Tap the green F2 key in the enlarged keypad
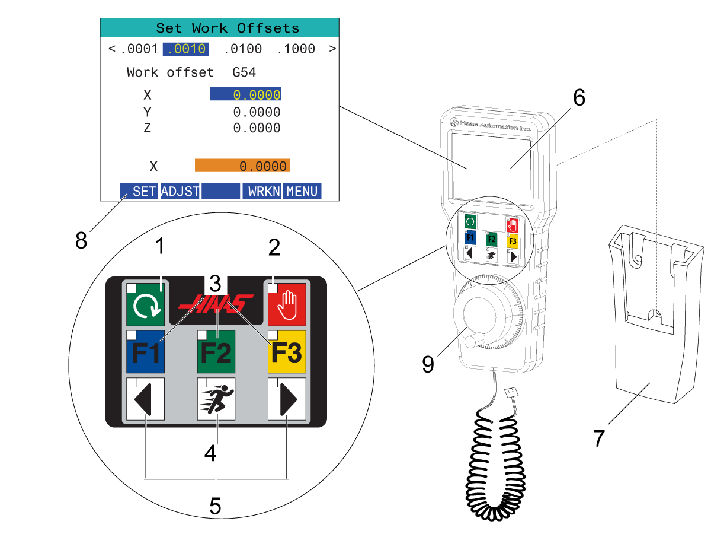click(216, 351)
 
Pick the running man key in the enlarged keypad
click(216, 399)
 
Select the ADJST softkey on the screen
click(180, 191)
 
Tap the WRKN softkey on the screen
click(262, 191)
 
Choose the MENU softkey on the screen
click(302, 191)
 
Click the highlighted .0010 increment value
click(185, 49)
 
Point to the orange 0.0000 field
click(242, 166)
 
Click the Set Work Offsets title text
click(228, 28)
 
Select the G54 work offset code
click(244, 72)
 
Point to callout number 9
click(428, 364)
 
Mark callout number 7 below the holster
click(600, 438)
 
